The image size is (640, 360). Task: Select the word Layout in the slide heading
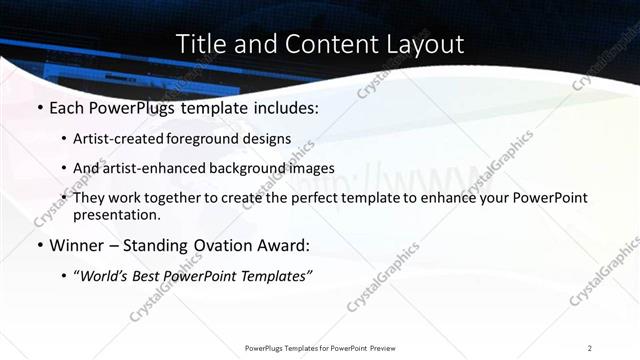(x=420, y=45)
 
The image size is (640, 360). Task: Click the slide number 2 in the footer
(x=590, y=347)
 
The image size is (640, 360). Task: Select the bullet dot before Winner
(x=38, y=245)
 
